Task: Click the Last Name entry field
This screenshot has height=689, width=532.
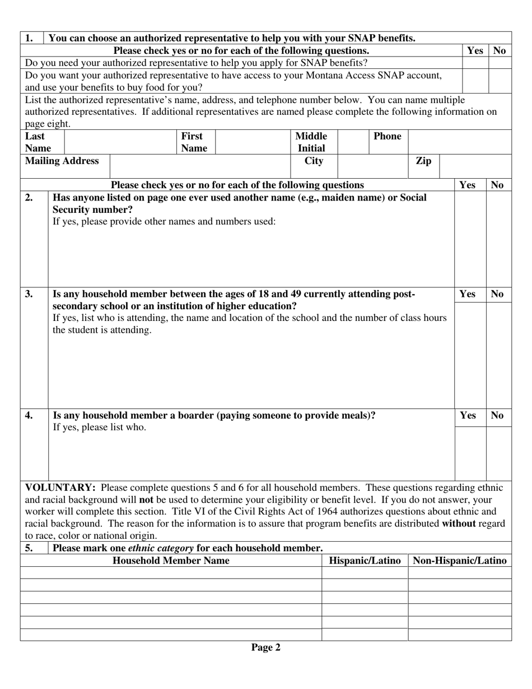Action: (x=120, y=142)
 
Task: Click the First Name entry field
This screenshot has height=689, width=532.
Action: (x=253, y=142)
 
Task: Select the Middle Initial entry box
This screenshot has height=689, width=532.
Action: (x=353, y=142)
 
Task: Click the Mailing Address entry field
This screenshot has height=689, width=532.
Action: (x=200, y=166)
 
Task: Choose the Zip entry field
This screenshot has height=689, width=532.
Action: (x=475, y=166)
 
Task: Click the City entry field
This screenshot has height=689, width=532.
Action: (x=373, y=166)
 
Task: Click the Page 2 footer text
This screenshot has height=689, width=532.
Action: (x=265, y=648)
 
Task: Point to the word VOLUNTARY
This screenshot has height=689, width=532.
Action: (x=60, y=487)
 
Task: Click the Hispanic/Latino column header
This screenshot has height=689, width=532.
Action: (x=365, y=561)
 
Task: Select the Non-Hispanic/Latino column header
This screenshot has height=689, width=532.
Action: (x=459, y=561)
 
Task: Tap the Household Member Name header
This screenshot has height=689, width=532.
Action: (x=171, y=561)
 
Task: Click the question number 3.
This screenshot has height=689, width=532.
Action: (x=29, y=294)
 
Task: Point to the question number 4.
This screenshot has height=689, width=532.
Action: (x=29, y=416)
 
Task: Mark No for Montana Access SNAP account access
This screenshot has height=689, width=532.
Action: (x=500, y=81)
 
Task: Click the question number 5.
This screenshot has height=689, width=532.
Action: (x=29, y=548)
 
